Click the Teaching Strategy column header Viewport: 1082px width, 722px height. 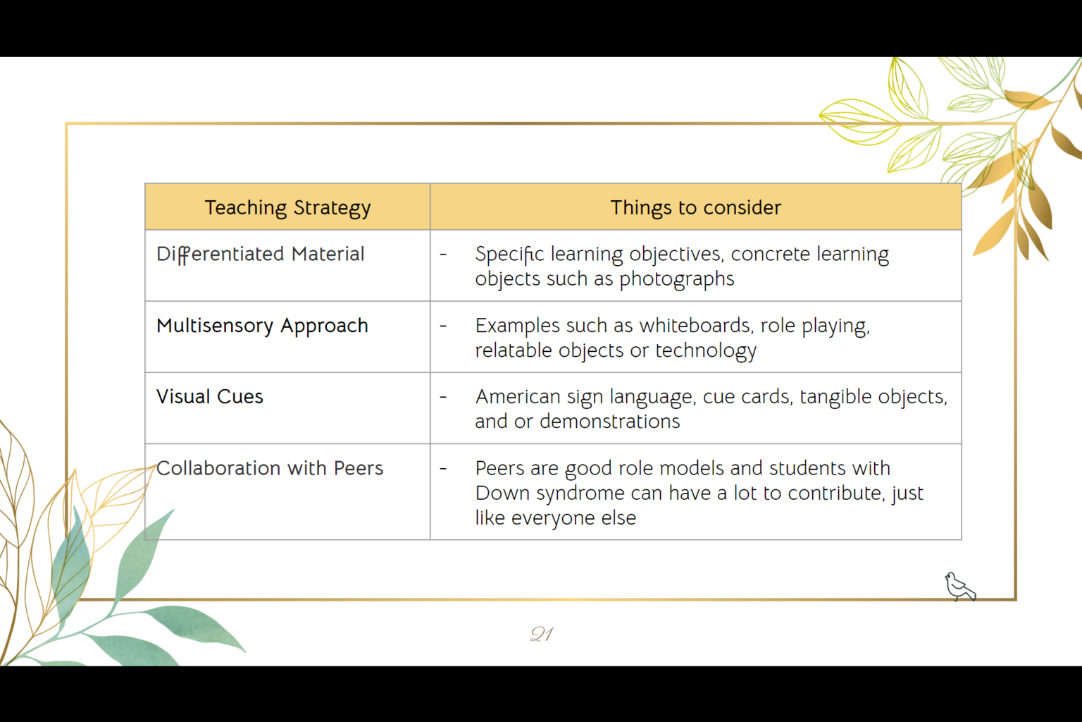point(287,207)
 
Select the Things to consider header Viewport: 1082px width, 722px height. point(695,207)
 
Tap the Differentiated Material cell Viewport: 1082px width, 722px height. point(260,254)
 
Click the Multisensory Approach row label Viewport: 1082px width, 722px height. point(262,326)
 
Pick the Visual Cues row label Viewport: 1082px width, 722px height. point(210,397)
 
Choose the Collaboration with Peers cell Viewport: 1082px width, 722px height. point(270,468)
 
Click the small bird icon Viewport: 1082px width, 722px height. point(959,587)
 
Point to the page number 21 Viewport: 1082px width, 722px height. point(541,634)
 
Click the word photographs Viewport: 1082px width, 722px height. point(676,279)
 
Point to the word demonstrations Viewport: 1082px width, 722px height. point(609,422)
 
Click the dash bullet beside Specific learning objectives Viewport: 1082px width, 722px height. point(443,255)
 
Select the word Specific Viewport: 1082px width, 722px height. point(509,255)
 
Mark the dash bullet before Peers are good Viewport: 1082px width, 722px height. point(443,469)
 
